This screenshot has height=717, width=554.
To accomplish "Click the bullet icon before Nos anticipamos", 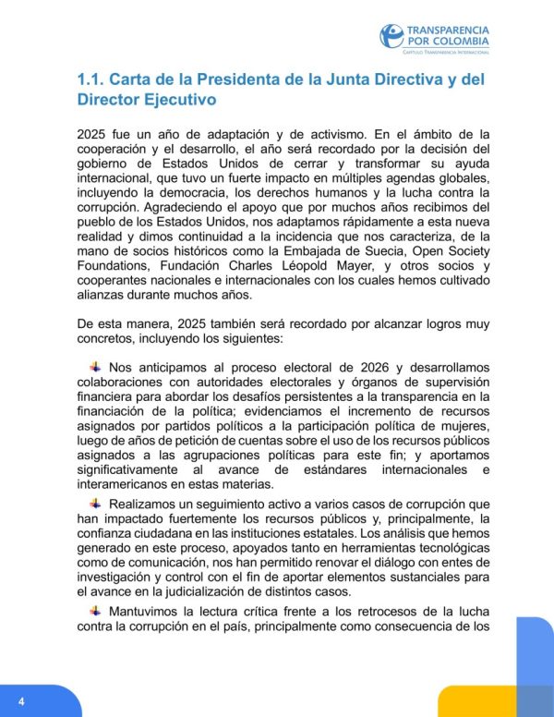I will point(96,367).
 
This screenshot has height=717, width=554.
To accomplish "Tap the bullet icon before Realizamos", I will point(96,504).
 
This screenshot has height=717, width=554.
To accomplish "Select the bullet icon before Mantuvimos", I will point(96,611).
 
